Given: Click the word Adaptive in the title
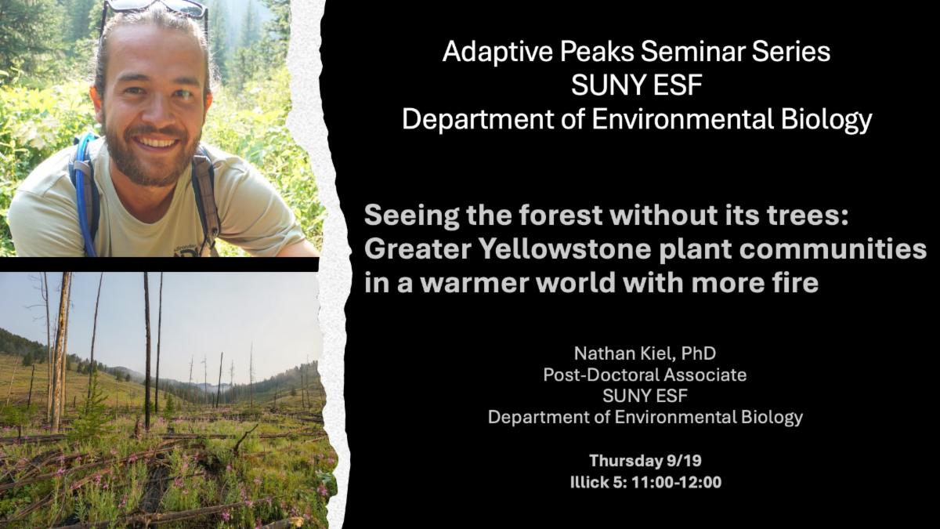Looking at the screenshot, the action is click(497, 52).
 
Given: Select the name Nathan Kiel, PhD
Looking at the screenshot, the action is click(645, 353).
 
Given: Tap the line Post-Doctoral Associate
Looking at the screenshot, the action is click(645, 375).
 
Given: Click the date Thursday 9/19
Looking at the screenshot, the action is click(645, 461).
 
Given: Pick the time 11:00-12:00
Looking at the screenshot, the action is click(677, 482).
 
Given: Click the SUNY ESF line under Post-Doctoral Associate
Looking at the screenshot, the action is click(645, 396).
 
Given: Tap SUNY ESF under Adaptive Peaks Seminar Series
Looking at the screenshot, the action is click(637, 85).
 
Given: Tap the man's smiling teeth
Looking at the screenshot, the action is click(156, 142).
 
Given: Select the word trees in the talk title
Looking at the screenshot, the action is click(805, 215).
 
